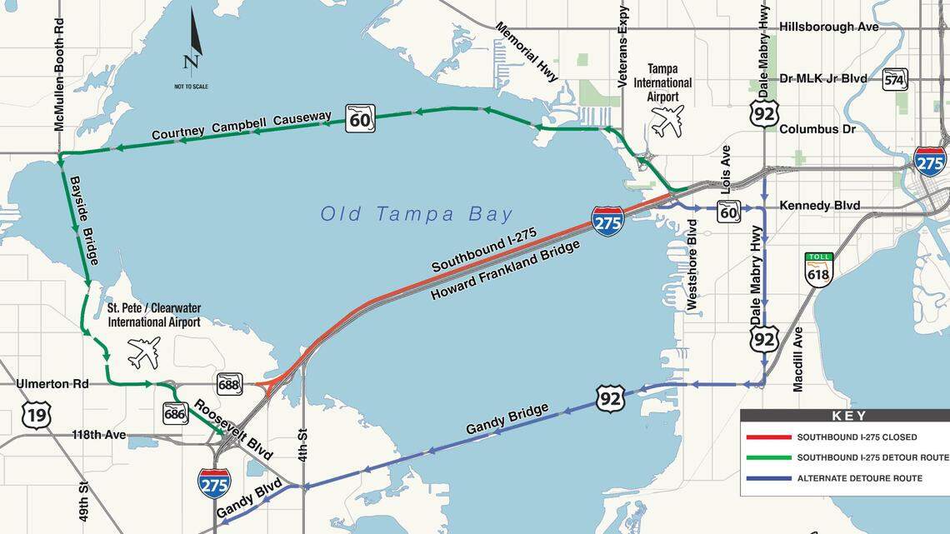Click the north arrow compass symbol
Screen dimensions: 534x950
point(192,42)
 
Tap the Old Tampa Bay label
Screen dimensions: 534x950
point(417,214)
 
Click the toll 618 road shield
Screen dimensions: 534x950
point(818,269)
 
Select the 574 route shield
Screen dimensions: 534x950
point(894,79)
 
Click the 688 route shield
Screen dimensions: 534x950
point(229,384)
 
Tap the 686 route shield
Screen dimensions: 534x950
point(175,412)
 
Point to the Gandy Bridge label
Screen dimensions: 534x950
point(507,418)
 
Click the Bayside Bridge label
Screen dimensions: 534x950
point(84,220)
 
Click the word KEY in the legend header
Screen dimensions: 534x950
point(849,416)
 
